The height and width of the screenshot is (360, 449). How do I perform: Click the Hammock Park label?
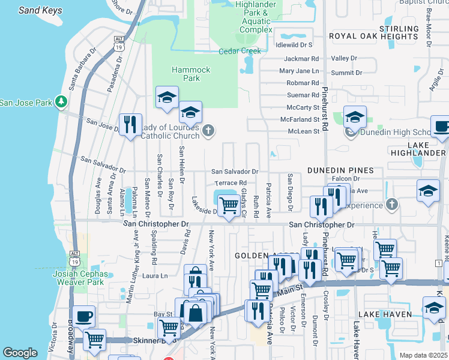pyautogui.click(x=191, y=74)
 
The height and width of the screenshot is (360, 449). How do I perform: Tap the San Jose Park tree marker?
pyautogui.click(x=61, y=102)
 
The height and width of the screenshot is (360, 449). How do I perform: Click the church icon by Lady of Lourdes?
pyautogui.click(x=208, y=131)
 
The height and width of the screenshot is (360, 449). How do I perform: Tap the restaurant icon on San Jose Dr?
pyautogui.click(x=130, y=124)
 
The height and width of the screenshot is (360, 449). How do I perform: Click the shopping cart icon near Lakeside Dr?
pyautogui.click(x=229, y=205)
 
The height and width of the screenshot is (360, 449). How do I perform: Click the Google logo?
pyautogui.click(x=20, y=353)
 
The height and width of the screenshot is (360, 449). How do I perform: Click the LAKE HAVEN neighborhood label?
pyautogui.click(x=385, y=314)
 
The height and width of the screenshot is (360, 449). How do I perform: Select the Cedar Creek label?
pyautogui.click(x=240, y=51)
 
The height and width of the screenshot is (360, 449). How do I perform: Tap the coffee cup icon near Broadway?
pyautogui.click(x=83, y=316)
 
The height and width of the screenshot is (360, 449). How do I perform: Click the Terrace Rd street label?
pyautogui.click(x=231, y=182)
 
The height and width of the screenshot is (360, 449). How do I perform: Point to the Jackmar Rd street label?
pyautogui.click(x=301, y=59)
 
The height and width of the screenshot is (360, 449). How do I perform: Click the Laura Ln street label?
pyautogui.click(x=154, y=276)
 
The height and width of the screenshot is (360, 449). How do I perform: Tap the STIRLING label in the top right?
pyautogui.click(x=399, y=28)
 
